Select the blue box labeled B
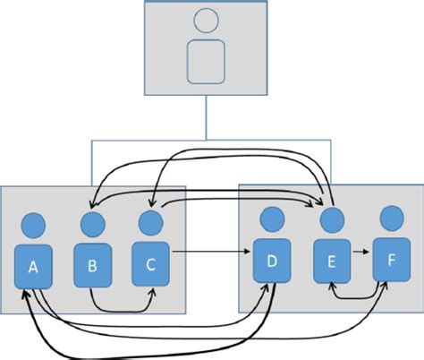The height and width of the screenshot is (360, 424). pyautogui.click(x=91, y=265)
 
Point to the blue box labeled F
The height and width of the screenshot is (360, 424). pyautogui.click(x=390, y=261)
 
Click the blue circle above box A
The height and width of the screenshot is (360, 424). pyautogui.click(x=34, y=225)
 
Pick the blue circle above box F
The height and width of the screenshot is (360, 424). pyautogui.click(x=389, y=218)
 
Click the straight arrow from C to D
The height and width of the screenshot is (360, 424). pyautogui.click(x=210, y=253)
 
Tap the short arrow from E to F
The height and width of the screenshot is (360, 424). pyautogui.click(x=360, y=253)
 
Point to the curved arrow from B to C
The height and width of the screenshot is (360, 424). pyautogui.click(x=120, y=310)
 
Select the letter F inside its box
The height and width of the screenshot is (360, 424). pyautogui.click(x=390, y=261)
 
